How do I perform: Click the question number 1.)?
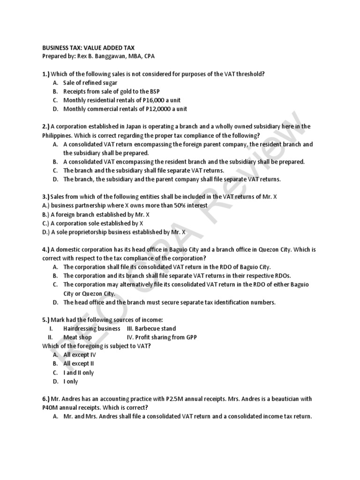46,74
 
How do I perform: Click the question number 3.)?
46,196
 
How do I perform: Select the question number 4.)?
46,249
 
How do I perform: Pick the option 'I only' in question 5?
71,382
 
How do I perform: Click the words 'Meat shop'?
77,337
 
